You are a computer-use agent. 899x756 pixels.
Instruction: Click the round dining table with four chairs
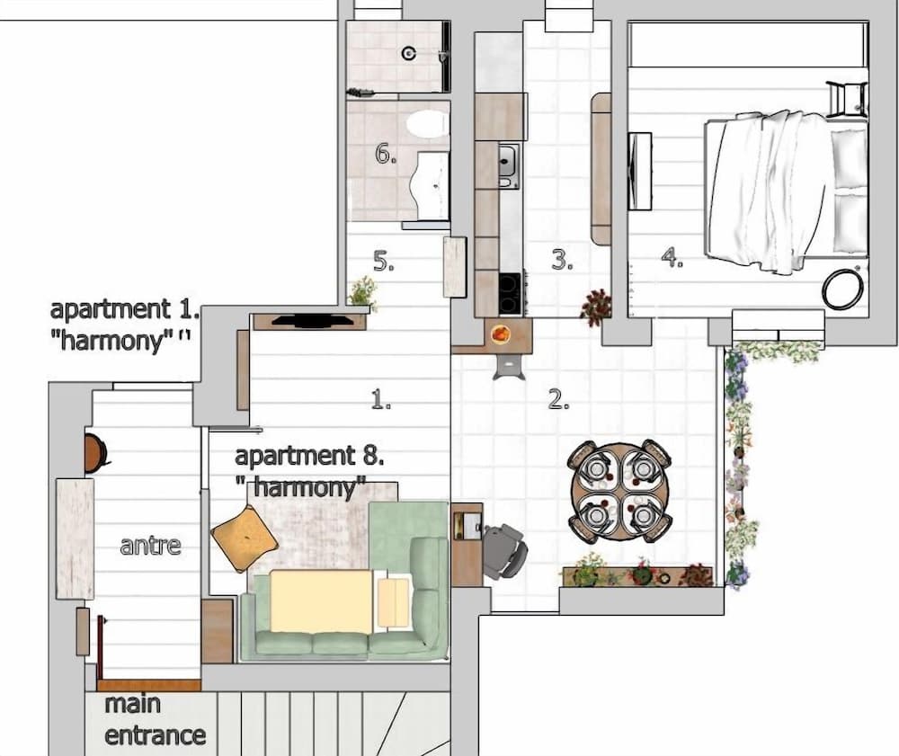[619, 491]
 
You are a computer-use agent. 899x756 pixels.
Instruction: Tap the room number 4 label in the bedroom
[672, 258]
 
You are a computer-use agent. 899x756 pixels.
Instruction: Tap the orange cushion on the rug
[245, 538]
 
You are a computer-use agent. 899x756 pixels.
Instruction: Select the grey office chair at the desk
[504, 550]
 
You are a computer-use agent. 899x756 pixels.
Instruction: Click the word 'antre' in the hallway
[150, 544]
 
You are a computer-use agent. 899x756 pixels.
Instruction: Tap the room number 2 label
[559, 401]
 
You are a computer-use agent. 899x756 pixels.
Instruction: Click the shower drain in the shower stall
[408, 54]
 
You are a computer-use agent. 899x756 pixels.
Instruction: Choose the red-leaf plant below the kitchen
[595, 306]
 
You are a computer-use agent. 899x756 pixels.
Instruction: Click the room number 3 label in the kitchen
[562, 261]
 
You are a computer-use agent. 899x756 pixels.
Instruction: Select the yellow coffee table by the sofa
[321, 600]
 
